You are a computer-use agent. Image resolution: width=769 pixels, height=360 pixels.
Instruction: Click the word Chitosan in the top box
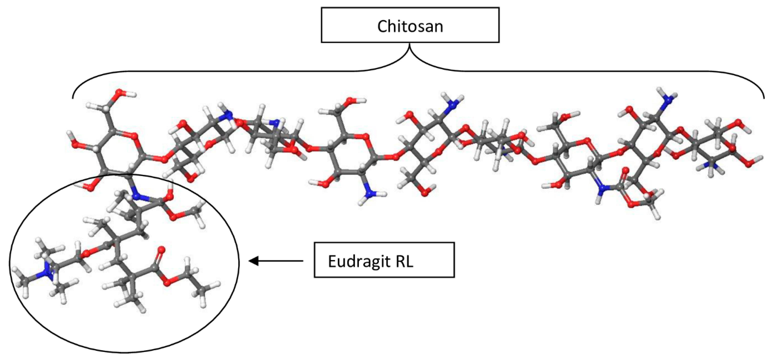(410, 26)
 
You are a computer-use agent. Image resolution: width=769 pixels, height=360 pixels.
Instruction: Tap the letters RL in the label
(405, 261)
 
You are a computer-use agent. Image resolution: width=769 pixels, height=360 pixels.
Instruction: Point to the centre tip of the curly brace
(410, 45)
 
